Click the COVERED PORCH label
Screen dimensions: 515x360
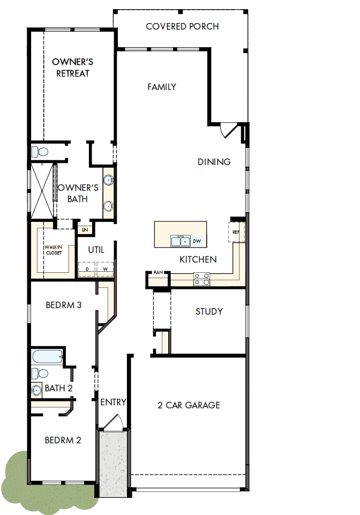(182, 26)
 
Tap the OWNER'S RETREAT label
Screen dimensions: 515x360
(72, 68)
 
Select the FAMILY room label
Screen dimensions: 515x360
(162, 87)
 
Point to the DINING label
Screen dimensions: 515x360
(214, 162)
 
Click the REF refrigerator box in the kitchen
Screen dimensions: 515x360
(236, 233)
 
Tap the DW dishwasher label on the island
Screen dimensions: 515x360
(197, 241)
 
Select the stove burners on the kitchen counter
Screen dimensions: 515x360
(201, 279)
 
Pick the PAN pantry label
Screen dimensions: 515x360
(158, 273)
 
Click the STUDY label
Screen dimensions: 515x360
(209, 311)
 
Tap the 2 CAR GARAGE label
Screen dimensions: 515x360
(189, 405)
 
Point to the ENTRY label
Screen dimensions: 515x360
(113, 402)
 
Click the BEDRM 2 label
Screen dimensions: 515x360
(63, 441)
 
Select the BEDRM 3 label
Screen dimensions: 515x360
(63, 305)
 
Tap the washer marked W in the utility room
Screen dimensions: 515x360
(106, 268)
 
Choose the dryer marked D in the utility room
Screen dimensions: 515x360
(87, 268)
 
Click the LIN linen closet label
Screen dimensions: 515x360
(85, 229)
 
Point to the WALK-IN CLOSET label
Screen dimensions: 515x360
(53, 250)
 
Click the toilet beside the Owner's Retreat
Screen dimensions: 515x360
(41, 151)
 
